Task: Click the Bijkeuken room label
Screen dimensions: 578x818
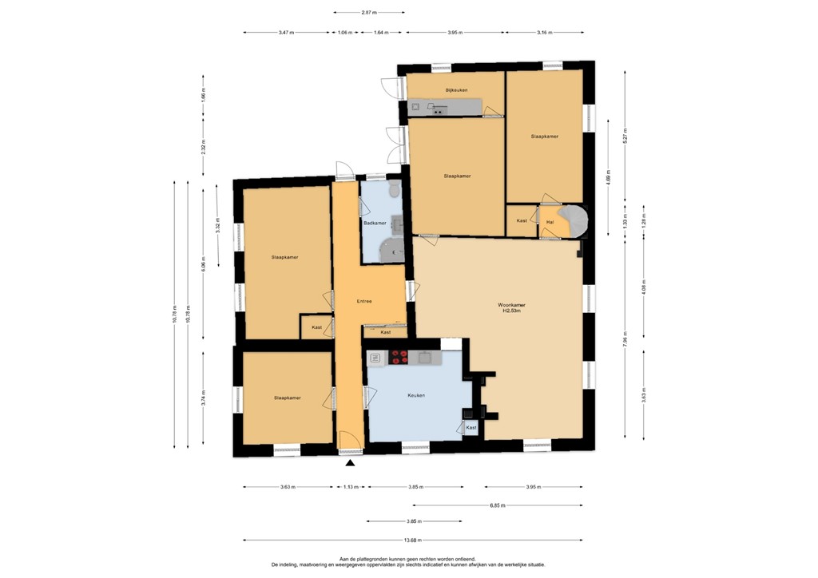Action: pyautogui.click(x=455, y=90)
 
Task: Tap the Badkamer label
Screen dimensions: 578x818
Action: pyautogui.click(x=375, y=223)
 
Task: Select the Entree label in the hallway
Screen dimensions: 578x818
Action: pyautogui.click(x=364, y=301)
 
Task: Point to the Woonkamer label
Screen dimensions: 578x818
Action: pyautogui.click(x=511, y=304)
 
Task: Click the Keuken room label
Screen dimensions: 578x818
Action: pyautogui.click(x=415, y=395)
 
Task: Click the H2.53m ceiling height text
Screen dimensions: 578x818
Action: pyautogui.click(x=511, y=311)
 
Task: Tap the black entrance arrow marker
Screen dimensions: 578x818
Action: pyautogui.click(x=350, y=463)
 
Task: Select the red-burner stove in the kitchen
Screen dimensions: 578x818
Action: pyautogui.click(x=399, y=358)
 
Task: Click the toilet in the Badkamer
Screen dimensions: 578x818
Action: pyautogui.click(x=393, y=190)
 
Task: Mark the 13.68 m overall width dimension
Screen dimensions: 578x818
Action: pyautogui.click(x=413, y=540)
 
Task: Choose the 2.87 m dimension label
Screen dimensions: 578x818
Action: pyautogui.click(x=368, y=13)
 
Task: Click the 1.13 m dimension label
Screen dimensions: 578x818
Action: pyautogui.click(x=350, y=487)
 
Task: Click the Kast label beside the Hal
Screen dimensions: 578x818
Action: pyautogui.click(x=522, y=220)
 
